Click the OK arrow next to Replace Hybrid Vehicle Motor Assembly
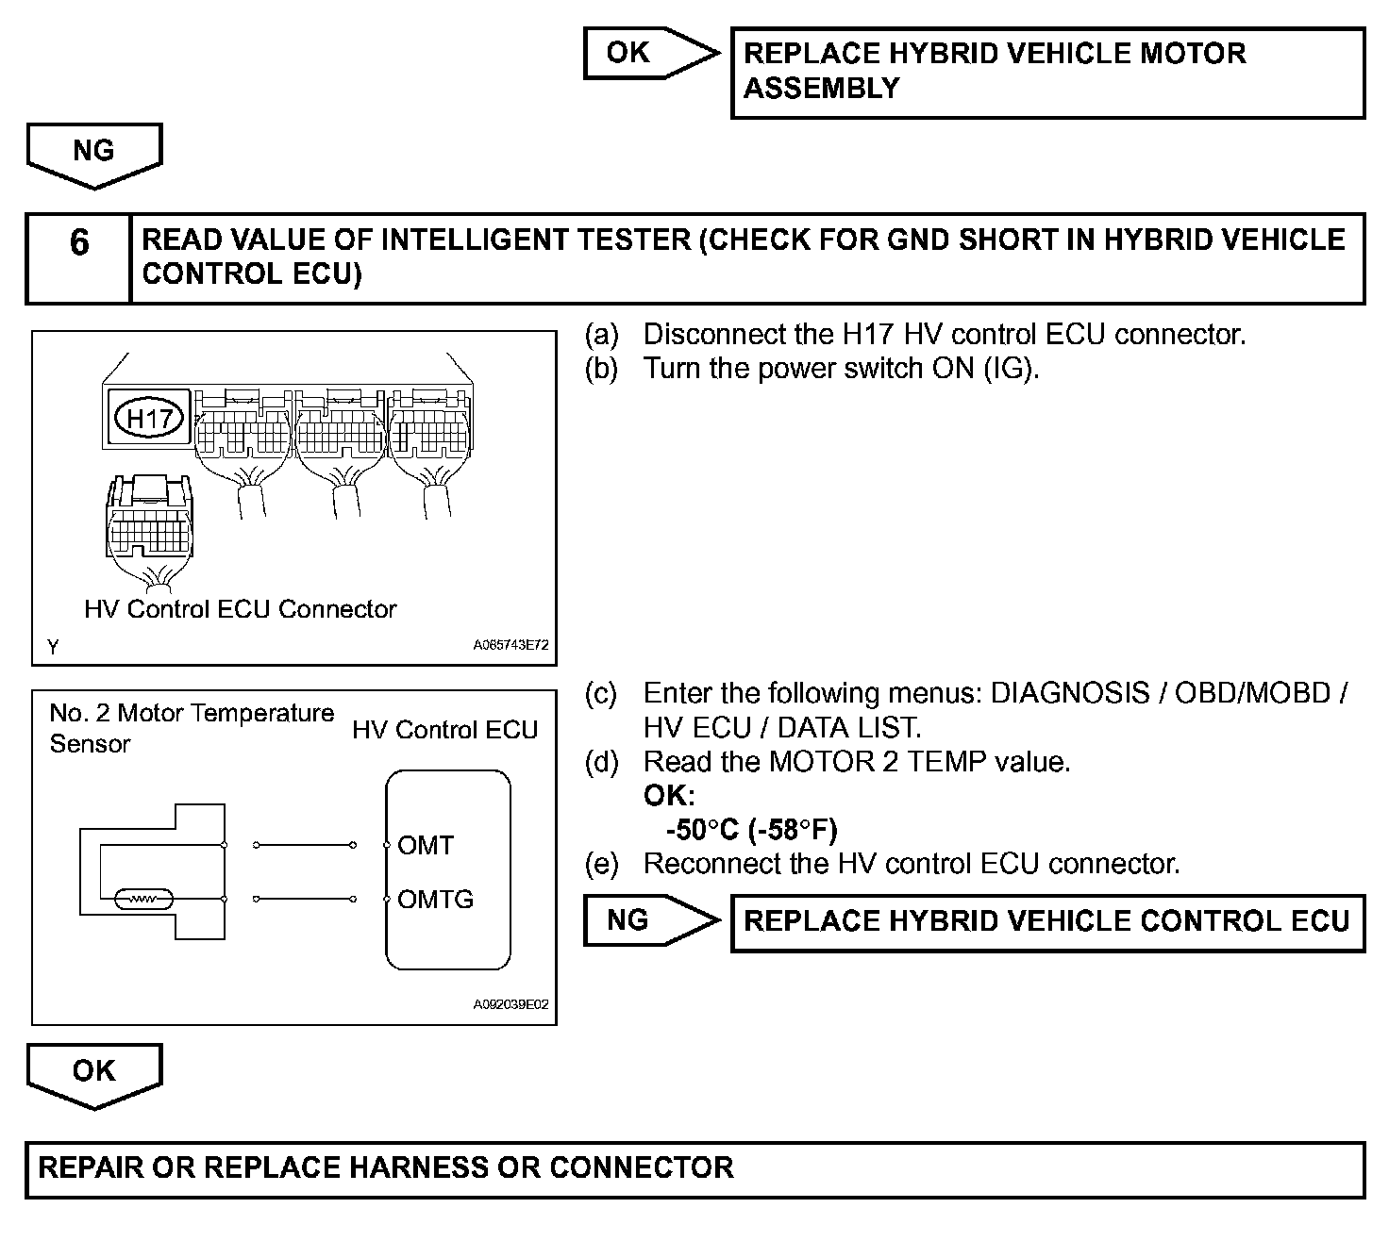pyautogui.click(x=642, y=53)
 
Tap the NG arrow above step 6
pyautogui.click(x=93, y=152)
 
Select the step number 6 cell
pyautogui.click(x=79, y=243)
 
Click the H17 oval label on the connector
pyautogui.click(x=148, y=417)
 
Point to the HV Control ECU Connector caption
pyautogui.click(x=240, y=609)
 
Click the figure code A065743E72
pyautogui.click(x=510, y=646)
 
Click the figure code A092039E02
pyautogui.click(x=510, y=1004)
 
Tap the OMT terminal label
pyautogui.click(x=426, y=845)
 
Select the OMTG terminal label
pyautogui.click(x=435, y=899)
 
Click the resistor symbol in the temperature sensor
pyautogui.click(x=142, y=900)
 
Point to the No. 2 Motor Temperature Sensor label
pyautogui.click(x=191, y=728)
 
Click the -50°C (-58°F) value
pyautogui.click(x=751, y=830)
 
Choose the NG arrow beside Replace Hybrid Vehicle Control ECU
pyautogui.click(x=642, y=920)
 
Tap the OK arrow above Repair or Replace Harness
pyautogui.click(x=93, y=1072)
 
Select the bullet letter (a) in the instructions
pyautogui.click(x=602, y=335)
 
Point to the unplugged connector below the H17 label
pyautogui.click(x=149, y=523)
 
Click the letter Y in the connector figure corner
pyautogui.click(x=53, y=647)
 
